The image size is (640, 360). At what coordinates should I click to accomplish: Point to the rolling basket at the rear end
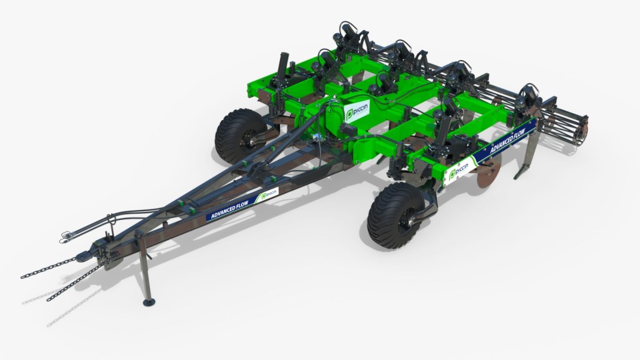point(569,129)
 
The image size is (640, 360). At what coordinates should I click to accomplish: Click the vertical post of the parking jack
point(143,269)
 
